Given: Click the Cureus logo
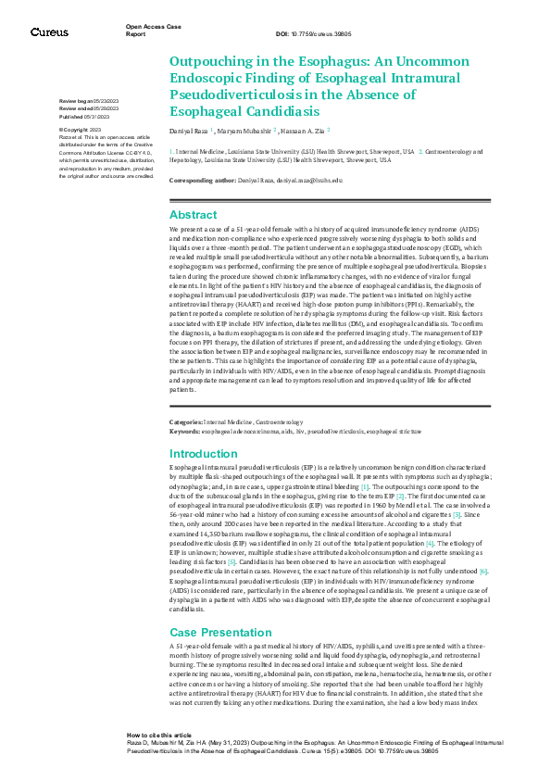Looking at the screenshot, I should coord(48,31).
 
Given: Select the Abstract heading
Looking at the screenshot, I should coord(193,214).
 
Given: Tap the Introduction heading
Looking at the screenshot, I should coord(204,454).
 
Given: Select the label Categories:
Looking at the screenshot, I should coord(185,421).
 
